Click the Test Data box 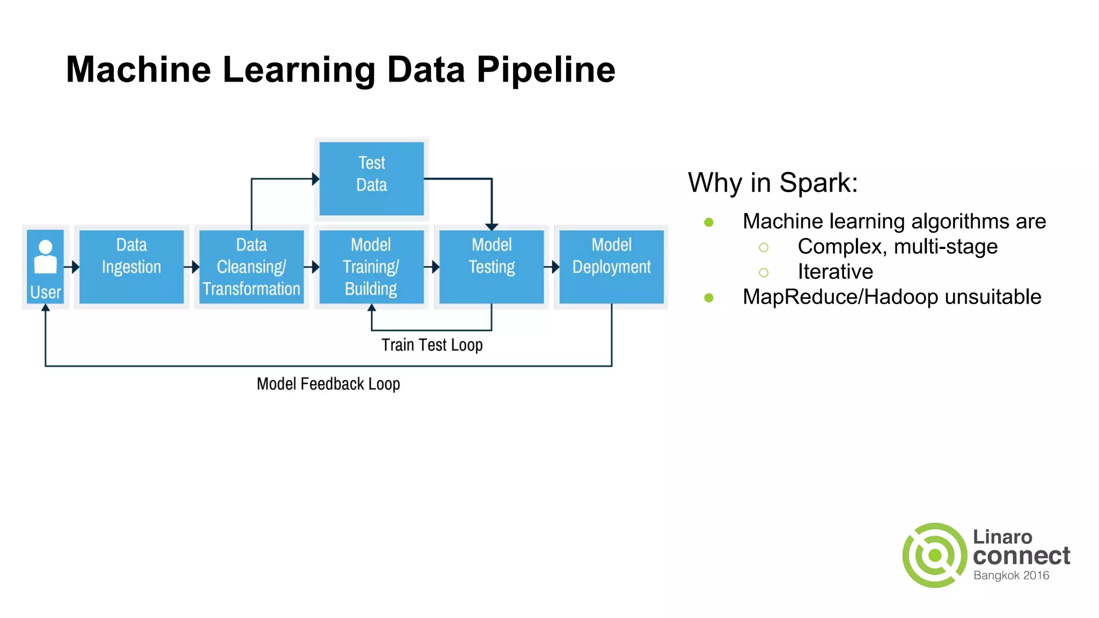[x=371, y=179]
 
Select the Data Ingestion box [x=131, y=267]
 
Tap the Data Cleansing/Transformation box [x=251, y=267]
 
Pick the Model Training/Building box [x=371, y=267]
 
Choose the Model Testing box [x=492, y=267]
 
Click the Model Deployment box [x=611, y=267]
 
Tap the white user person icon [x=46, y=257]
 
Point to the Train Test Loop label [x=432, y=345]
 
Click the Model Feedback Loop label [x=328, y=384]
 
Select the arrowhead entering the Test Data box [x=316, y=179]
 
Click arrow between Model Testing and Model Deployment [x=553, y=267]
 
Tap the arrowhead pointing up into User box [x=46, y=308]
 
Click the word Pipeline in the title [x=546, y=70]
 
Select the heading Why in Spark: [x=773, y=182]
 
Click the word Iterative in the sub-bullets [x=835, y=271]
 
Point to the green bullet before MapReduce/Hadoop [x=709, y=297]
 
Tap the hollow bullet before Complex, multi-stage [x=764, y=247]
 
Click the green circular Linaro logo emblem [x=934, y=555]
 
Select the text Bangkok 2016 [x=1011, y=576]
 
